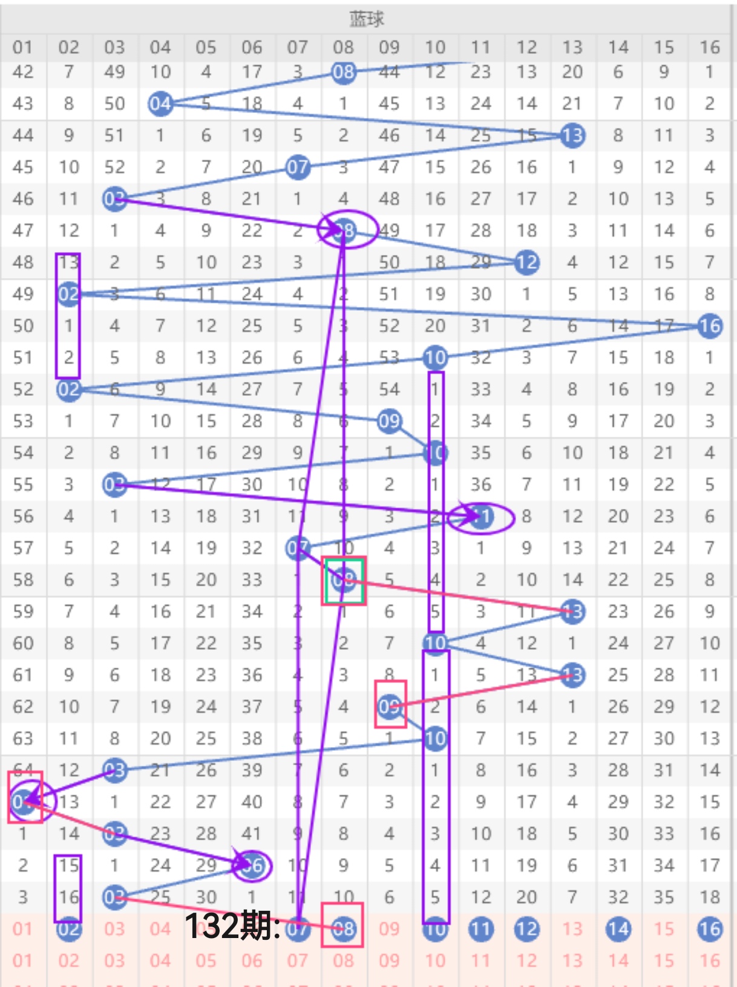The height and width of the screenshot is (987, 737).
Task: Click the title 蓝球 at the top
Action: coord(367,19)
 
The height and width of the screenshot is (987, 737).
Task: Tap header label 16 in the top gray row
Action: coord(710,47)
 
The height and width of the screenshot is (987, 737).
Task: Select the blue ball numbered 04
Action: coord(160,104)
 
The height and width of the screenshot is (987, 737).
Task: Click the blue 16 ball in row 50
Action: coord(710,326)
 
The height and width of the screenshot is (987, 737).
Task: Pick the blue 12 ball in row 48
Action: coord(526,262)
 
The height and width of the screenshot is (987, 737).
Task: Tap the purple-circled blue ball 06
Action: coord(252,866)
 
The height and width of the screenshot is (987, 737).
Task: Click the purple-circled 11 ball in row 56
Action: coord(481,517)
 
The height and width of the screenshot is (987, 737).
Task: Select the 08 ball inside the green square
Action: coord(344,580)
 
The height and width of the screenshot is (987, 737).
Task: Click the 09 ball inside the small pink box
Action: coord(389,706)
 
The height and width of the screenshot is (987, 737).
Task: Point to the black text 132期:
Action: coord(232,926)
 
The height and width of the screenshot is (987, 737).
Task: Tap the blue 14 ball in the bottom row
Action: coord(618,929)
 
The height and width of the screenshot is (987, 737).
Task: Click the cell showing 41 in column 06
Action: coord(252,833)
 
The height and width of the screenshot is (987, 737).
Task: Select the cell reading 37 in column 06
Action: coord(252,706)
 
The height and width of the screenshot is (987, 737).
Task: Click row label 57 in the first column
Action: coord(23,548)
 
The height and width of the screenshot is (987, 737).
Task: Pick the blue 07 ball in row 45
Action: coord(298,167)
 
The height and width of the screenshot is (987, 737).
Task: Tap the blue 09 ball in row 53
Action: coord(389,421)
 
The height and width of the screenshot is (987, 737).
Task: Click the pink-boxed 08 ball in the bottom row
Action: coord(343,928)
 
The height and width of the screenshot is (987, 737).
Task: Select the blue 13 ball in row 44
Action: coord(572,135)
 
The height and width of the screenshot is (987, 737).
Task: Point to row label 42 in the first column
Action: coord(23,72)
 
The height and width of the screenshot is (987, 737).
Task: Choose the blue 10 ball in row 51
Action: coord(435,358)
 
